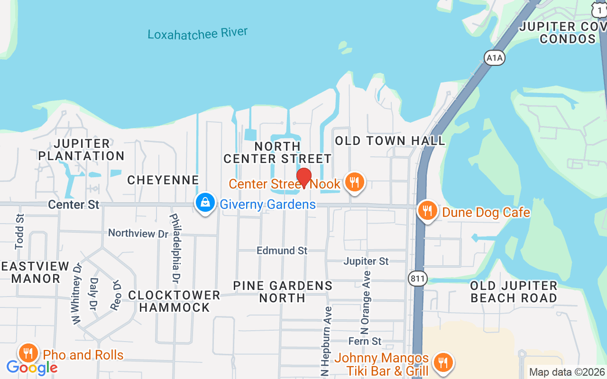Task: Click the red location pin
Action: pos(303,178)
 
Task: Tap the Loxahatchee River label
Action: pos(197,34)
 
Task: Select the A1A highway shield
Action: pos(495,58)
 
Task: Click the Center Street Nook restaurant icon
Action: pos(354,182)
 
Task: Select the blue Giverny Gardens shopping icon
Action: pos(205,203)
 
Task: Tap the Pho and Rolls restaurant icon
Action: pos(28,353)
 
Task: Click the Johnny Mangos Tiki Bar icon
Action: pos(443,363)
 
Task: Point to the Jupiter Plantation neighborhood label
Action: pos(81,149)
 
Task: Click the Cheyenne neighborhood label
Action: pos(163,180)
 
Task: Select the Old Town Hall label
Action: pos(390,141)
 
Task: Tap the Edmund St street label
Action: pos(282,250)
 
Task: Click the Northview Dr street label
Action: pos(138,233)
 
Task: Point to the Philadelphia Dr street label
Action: pos(175,248)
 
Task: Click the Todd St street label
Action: pos(19,232)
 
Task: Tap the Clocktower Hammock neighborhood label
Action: pos(175,301)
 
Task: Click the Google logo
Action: pos(32,367)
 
